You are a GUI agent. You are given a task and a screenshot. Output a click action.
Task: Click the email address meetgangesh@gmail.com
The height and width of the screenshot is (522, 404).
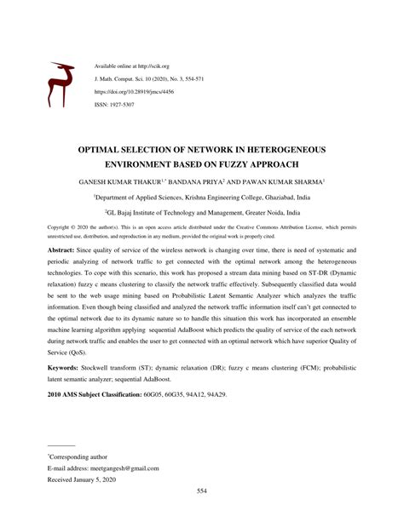[x=118, y=468]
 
